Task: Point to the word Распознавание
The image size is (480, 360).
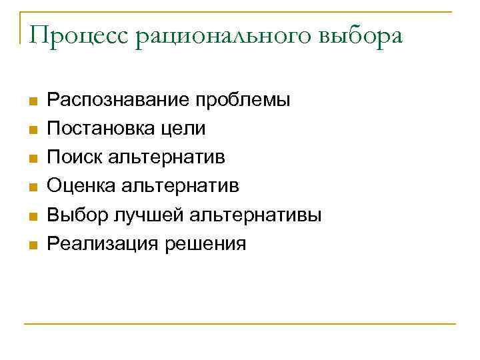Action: point(115,101)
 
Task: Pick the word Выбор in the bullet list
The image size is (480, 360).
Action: point(75,215)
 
